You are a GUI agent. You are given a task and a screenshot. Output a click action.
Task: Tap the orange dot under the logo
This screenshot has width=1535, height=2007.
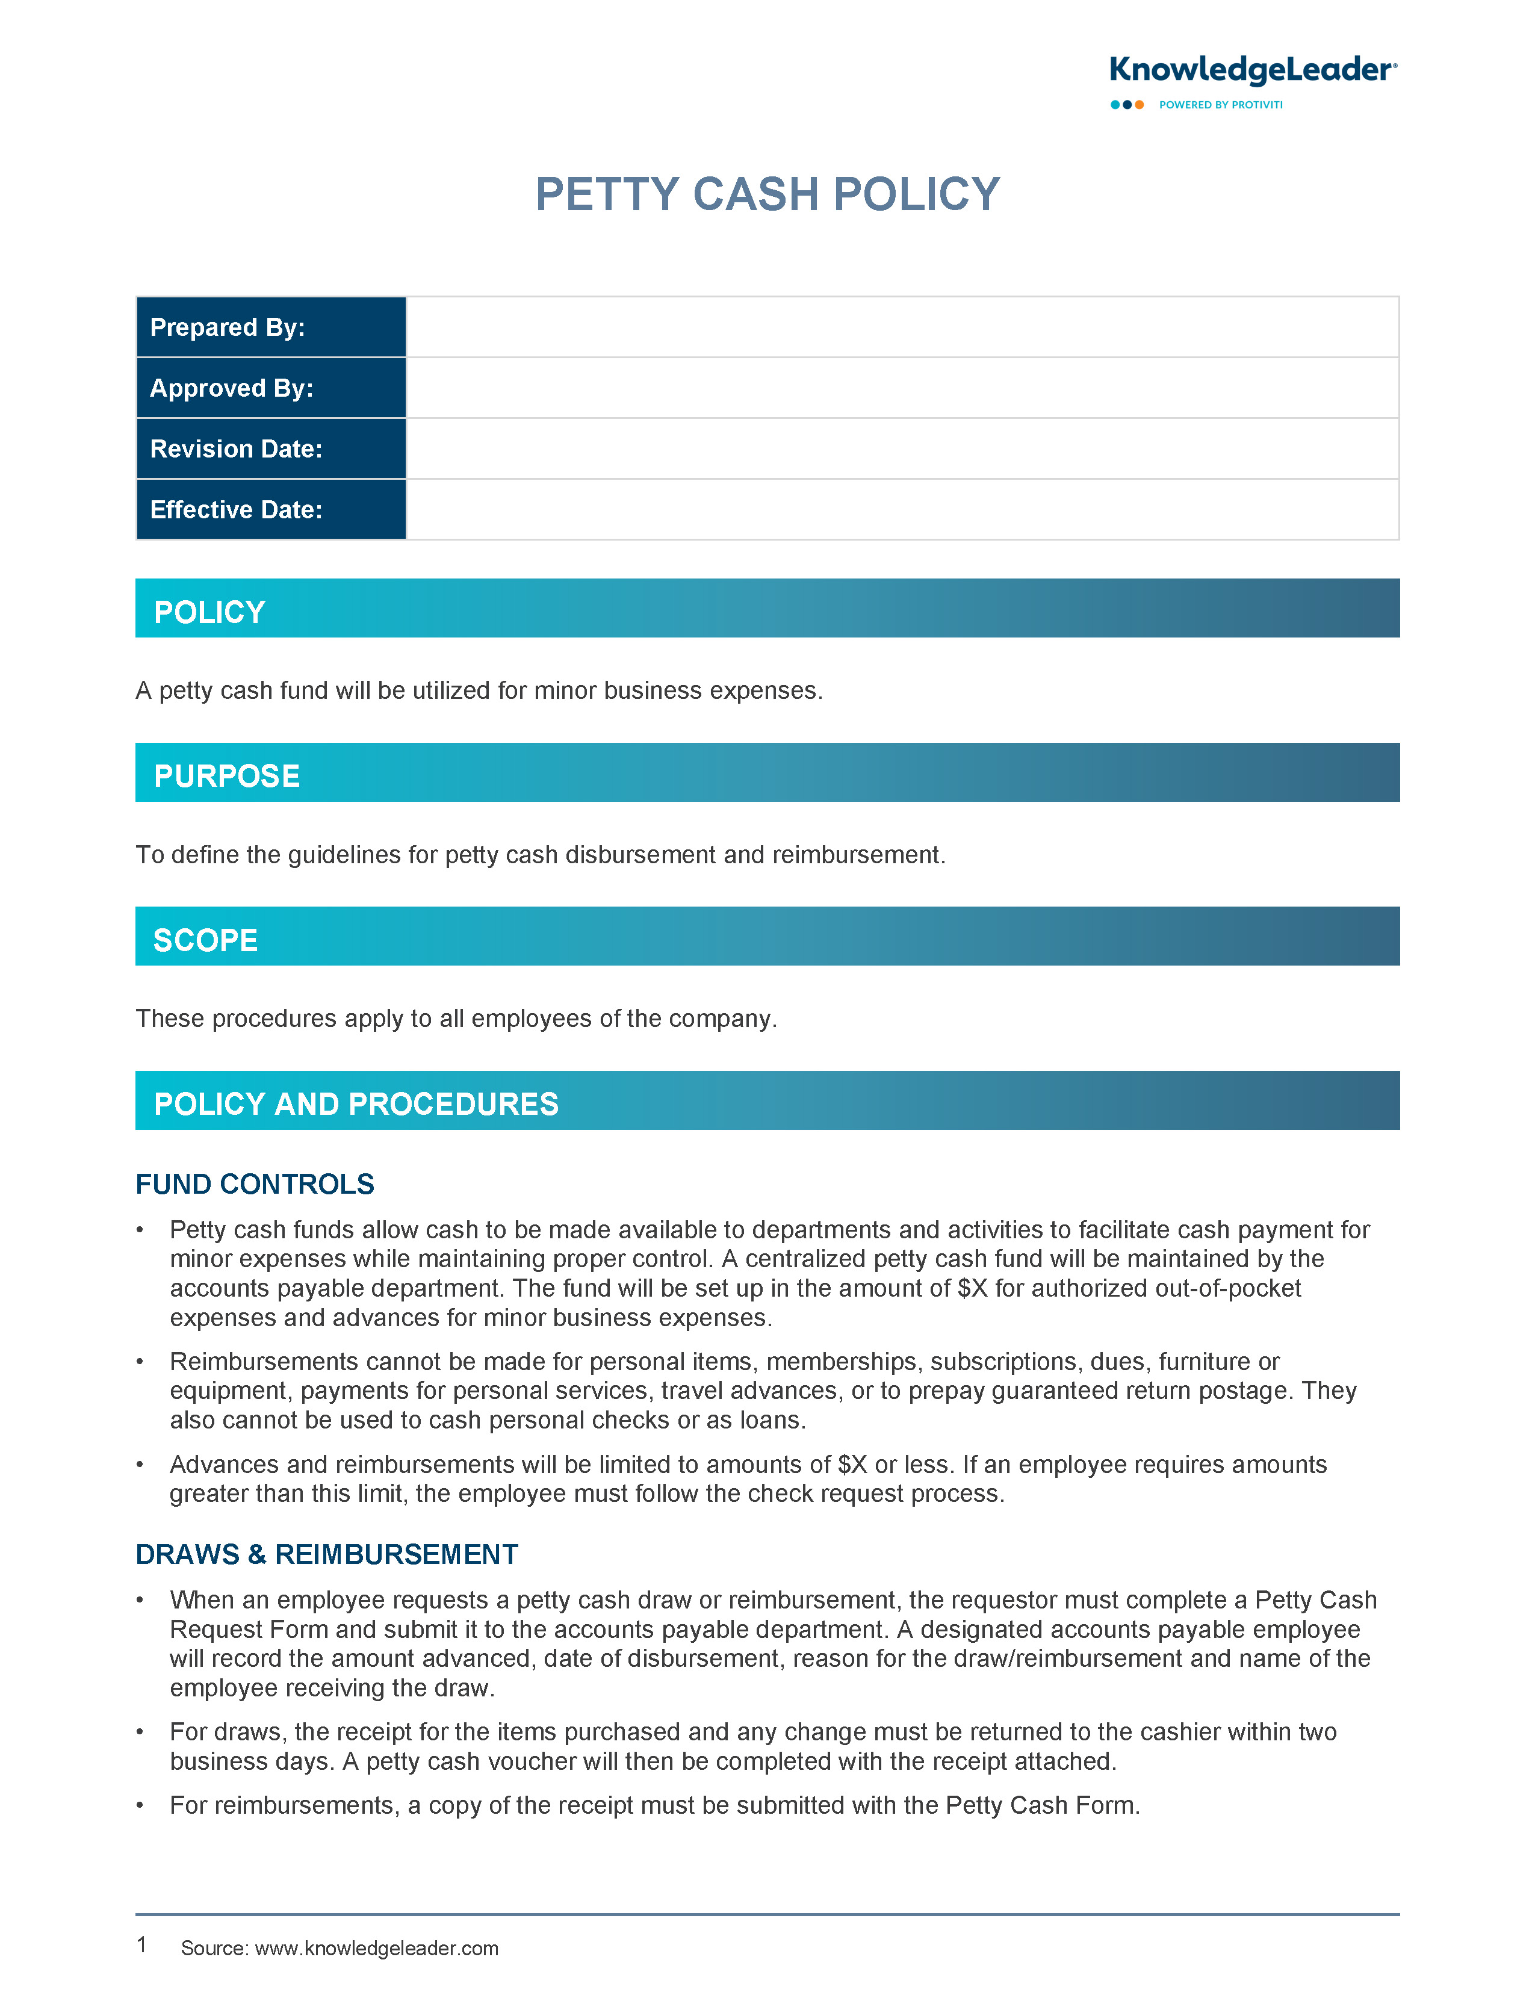tap(1140, 105)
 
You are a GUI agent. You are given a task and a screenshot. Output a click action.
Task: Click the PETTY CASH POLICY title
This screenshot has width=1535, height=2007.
tap(767, 194)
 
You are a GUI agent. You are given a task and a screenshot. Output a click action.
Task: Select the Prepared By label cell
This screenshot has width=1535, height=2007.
tap(270, 327)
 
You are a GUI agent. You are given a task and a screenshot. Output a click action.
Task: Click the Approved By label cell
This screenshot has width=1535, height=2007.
tap(270, 388)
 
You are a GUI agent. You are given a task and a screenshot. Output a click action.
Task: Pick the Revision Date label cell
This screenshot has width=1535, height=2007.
tap(270, 448)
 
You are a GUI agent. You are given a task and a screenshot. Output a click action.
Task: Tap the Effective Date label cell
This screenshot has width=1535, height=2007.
tap(270, 510)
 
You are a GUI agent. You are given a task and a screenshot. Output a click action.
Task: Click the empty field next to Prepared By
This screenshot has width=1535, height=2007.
tap(902, 327)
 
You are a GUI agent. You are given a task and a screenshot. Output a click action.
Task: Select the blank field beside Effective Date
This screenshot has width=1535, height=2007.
tap(902, 510)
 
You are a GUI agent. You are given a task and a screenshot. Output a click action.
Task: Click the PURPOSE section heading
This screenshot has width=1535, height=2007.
tap(226, 777)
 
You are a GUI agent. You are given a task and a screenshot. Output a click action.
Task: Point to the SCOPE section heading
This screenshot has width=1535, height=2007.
tap(206, 940)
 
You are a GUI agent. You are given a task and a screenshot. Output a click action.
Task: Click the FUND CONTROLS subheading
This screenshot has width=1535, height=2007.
tap(255, 1185)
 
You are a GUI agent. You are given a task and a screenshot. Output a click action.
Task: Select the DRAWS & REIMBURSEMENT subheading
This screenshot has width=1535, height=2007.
tap(326, 1555)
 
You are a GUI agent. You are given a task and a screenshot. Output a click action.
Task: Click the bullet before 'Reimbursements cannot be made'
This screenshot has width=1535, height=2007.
tap(140, 1363)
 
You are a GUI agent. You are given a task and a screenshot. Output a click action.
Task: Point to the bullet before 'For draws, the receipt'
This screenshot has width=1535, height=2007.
tap(140, 1733)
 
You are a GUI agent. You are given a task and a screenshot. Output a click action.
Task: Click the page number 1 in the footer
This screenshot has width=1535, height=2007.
tap(141, 1945)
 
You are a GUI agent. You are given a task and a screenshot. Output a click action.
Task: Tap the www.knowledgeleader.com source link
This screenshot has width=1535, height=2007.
tap(376, 1949)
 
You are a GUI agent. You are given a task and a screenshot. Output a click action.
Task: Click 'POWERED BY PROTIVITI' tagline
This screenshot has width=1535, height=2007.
tap(1221, 105)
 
